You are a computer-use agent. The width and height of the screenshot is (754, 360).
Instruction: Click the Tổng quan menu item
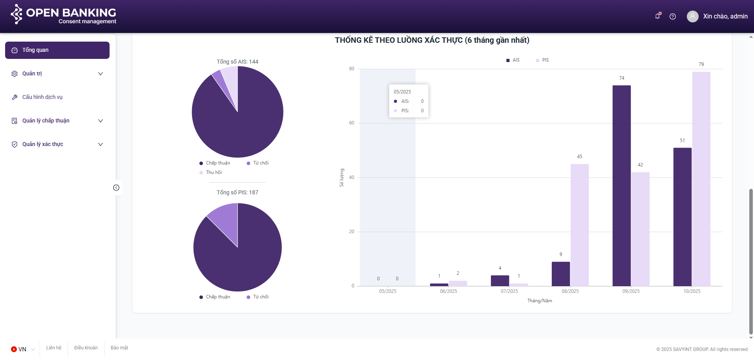pos(57,50)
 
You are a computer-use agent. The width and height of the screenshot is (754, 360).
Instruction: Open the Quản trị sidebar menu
pos(57,74)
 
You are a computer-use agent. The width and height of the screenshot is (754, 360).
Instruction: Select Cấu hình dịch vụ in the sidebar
pos(42,97)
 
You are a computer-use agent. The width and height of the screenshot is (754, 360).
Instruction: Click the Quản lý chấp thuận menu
pos(57,121)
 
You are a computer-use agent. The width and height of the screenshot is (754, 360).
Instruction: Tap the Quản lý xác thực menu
pos(57,144)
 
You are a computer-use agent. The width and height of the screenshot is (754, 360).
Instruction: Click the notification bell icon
pos(657,16)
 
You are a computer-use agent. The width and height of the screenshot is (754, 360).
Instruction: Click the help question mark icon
pos(673,16)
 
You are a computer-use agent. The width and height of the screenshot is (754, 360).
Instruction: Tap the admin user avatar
pos(692,16)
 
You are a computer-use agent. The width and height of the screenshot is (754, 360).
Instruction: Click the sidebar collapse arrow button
pos(116,188)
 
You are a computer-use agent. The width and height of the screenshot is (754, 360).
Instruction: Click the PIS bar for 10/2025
pos(701,179)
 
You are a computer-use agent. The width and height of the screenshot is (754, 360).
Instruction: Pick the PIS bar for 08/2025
pos(579,225)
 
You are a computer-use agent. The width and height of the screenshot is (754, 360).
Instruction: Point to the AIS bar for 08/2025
pos(560,274)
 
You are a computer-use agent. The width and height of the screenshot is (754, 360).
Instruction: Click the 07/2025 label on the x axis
pos(509,291)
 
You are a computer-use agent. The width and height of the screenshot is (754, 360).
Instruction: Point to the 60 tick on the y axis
pos(351,123)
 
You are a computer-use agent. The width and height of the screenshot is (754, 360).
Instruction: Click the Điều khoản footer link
pos(86,348)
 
